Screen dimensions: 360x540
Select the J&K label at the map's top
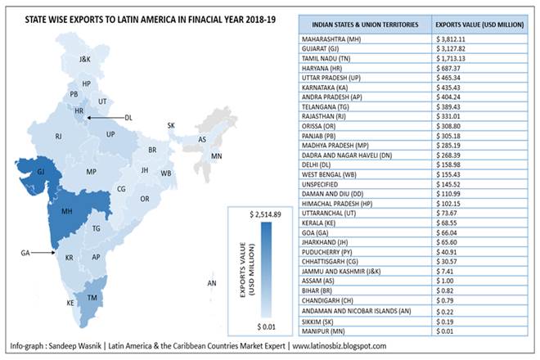pyautogui.click(x=85, y=60)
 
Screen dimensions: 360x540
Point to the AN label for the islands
pyautogui.click(x=211, y=283)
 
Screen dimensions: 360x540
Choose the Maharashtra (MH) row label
pyautogui.click(x=333, y=38)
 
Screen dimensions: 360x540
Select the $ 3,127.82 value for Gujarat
pyautogui.click(x=456, y=49)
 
